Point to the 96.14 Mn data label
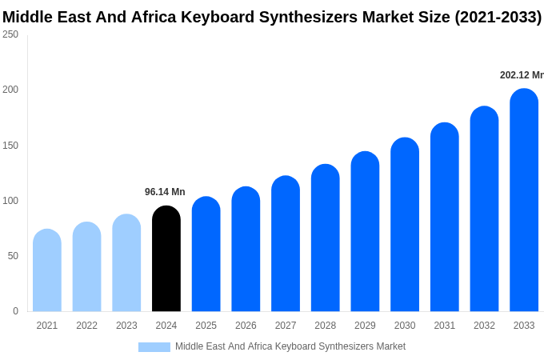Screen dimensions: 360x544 (165, 192)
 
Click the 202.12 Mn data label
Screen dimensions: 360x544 (521, 75)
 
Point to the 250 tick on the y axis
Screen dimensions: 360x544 (10, 34)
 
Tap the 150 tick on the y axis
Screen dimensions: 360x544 (10, 146)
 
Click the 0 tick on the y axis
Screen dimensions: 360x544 (15, 311)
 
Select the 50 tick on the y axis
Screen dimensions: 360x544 (13, 256)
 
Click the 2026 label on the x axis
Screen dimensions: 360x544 (246, 326)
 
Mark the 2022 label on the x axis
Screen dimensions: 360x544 (86, 326)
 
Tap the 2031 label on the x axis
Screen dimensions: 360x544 (445, 326)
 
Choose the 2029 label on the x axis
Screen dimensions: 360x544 (365, 326)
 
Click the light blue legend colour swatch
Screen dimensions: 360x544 (154, 347)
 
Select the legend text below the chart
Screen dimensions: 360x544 (290, 346)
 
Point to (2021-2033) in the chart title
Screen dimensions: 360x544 (498, 17)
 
